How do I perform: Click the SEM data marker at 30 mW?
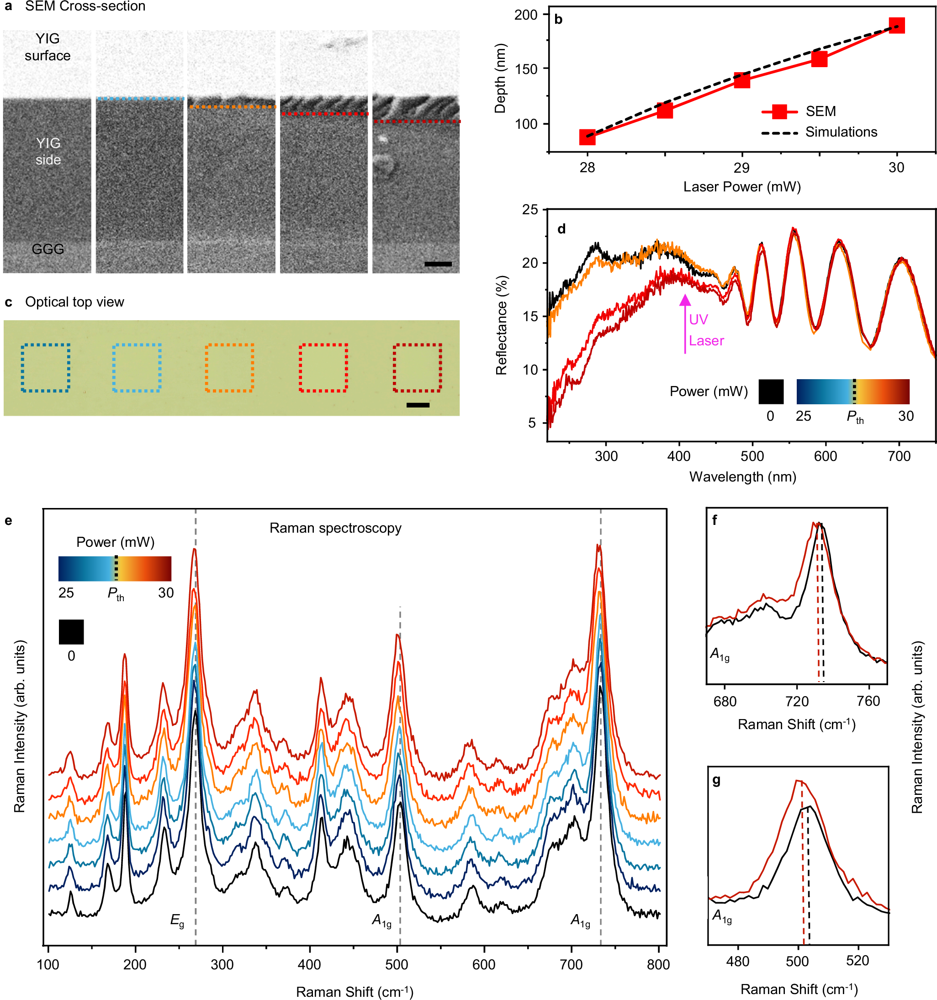pyautogui.click(x=896, y=26)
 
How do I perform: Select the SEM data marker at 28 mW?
pyautogui.click(x=587, y=137)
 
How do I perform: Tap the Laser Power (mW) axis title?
pyautogui.click(x=741, y=187)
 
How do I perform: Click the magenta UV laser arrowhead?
pyautogui.click(x=684, y=300)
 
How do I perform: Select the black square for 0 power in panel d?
pyautogui.click(x=771, y=392)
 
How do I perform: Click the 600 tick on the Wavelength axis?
pyautogui.click(x=826, y=456)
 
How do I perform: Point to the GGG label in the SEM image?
pyautogui.click(x=48, y=249)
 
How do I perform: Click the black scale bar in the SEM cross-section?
pyautogui.click(x=438, y=264)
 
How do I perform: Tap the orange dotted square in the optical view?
pyautogui.click(x=229, y=368)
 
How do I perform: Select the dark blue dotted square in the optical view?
pyautogui.click(x=45, y=368)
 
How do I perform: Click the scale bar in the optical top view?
pyautogui.click(x=418, y=405)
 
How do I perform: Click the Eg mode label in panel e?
pyautogui.click(x=177, y=921)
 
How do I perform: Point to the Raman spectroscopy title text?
pyautogui.click(x=335, y=528)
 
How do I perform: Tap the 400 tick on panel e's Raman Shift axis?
pyautogui.click(x=309, y=964)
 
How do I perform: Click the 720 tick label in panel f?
pyautogui.click(x=797, y=701)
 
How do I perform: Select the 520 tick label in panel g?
pyautogui.click(x=857, y=961)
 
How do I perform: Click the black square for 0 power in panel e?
pyautogui.click(x=71, y=632)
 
